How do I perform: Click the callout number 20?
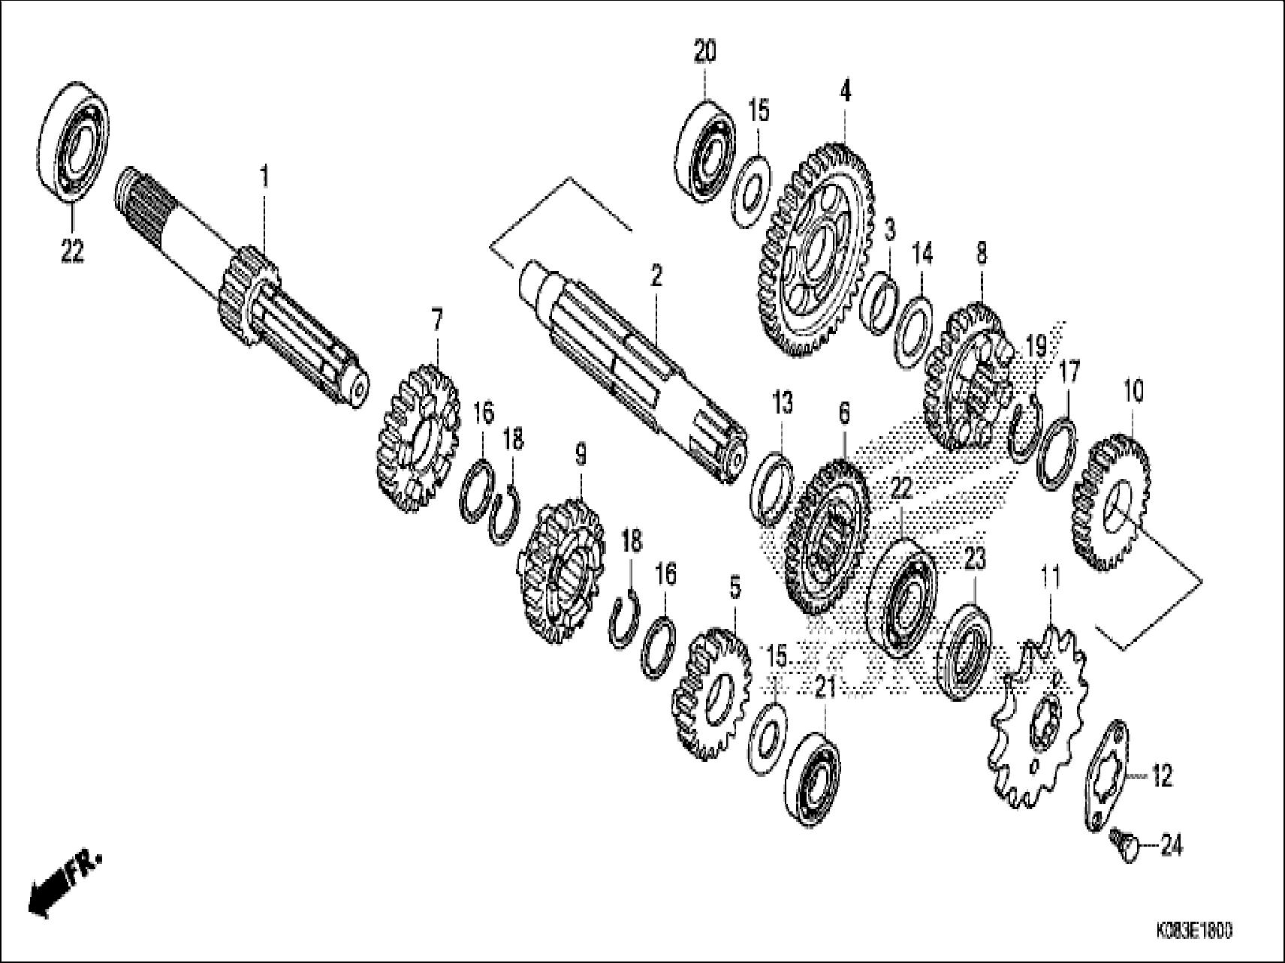[x=704, y=52]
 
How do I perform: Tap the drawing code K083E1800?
[x=1195, y=930]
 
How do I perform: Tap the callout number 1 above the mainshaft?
[x=264, y=178]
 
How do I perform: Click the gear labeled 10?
[x=1111, y=503]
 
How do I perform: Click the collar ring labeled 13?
[x=772, y=488]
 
